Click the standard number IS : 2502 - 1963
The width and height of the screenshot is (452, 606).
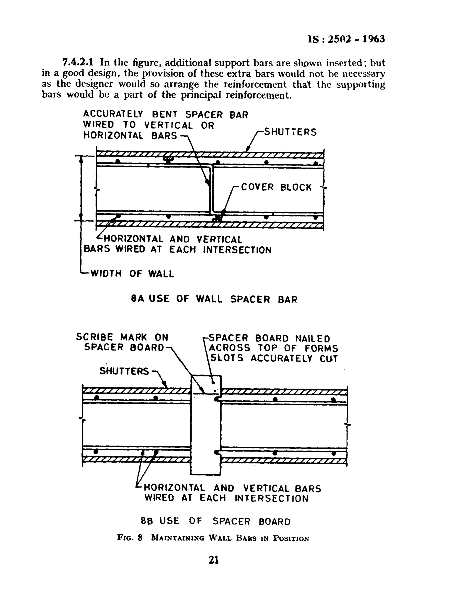coord(346,39)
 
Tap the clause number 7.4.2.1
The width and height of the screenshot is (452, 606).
coord(78,63)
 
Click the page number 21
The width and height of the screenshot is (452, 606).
coord(214,560)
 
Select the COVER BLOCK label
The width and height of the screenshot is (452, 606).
coord(276,187)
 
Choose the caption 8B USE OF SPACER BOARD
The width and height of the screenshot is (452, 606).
coord(215,521)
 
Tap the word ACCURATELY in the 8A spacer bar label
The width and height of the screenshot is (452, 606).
coord(113,114)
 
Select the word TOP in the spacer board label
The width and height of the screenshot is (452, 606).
coord(266,348)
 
